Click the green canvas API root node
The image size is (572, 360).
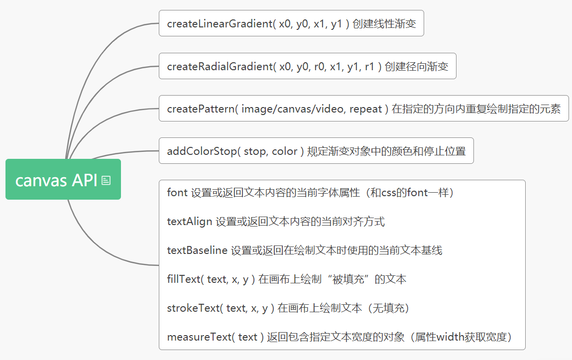pyautogui.click(x=56, y=180)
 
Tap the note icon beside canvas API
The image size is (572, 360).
pyautogui.click(x=106, y=180)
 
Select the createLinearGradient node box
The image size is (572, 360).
pyautogui.click(x=291, y=23)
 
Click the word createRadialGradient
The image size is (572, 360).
pyautogui.click(x=219, y=66)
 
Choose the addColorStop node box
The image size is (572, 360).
pyautogui.click(x=316, y=151)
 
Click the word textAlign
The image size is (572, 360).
pyautogui.click(x=190, y=222)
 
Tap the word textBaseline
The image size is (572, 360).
pyautogui.click(x=197, y=250)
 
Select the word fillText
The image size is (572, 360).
pyautogui.click(x=183, y=279)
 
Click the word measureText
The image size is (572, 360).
pyautogui.click(x=199, y=337)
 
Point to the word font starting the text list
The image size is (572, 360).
pyautogui.click(x=177, y=193)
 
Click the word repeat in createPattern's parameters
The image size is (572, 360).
pyautogui.click(x=365, y=109)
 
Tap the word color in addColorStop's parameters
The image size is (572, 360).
pyautogui.click(x=285, y=151)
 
